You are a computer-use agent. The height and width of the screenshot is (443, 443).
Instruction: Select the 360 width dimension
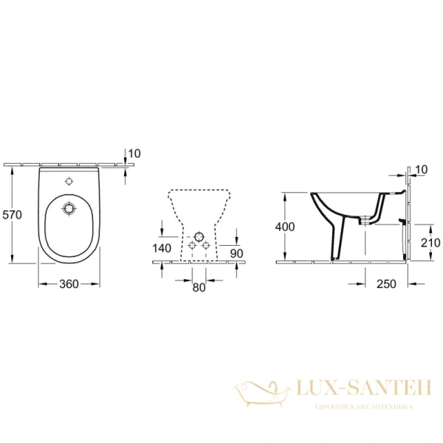pyautogui.click(x=69, y=284)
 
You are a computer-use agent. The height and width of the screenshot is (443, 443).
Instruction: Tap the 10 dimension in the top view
pyautogui.click(x=134, y=154)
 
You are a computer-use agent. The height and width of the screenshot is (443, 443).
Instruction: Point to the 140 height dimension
pyautogui.click(x=162, y=248)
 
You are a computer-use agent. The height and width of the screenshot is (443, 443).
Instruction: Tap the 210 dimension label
pyautogui.click(x=430, y=242)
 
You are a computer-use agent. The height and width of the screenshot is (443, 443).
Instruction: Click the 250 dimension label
pyautogui.click(x=386, y=284)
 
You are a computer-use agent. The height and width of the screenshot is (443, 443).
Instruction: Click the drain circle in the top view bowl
pyautogui.click(x=69, y=210)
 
